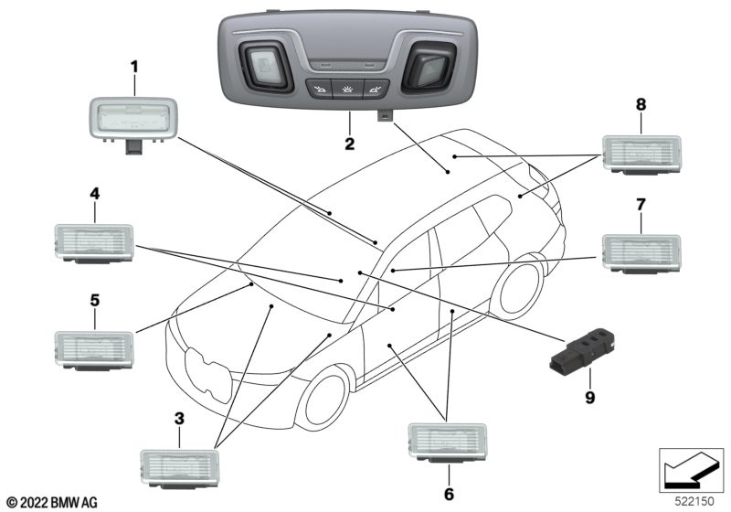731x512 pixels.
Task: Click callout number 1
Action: tap(134, 67)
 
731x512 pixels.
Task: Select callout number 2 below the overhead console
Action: tap(350, 144)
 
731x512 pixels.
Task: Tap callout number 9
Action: tap(590, 398)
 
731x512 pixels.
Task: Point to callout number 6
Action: tap(449, 494)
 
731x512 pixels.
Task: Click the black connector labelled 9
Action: tap(583, 350)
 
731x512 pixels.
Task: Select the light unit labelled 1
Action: tap(133, 123)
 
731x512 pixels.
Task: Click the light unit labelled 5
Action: tap(95, 351)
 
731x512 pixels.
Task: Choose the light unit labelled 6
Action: tap(448, 443)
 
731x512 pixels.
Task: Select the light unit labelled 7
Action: tap(641, 253)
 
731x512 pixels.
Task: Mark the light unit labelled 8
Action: tap(641, 155)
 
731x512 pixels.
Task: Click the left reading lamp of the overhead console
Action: tap(265, 66)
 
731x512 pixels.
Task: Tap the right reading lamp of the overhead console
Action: tap(429, 66)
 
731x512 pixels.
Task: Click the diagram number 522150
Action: tap(694, 501)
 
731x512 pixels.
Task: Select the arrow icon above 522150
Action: tap(691, 470)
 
